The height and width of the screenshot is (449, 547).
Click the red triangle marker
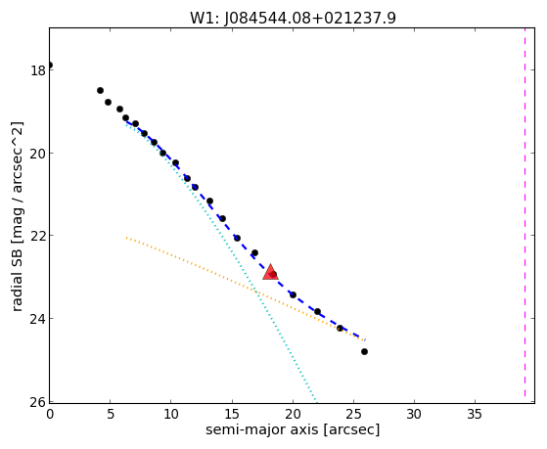[x=270, y=273]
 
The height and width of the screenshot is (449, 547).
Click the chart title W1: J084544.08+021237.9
[x=293, y=18]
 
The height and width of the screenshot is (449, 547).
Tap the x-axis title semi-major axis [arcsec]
[x=293, y=429]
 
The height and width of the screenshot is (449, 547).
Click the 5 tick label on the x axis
[x=111, y=415]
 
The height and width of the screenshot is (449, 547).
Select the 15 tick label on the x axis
[x=232, y=415]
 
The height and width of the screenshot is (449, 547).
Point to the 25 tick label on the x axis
[x=353, y=415]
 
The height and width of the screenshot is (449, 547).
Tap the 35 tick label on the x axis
[x=475, y=415]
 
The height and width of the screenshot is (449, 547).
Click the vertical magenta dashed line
[x=524, y=215]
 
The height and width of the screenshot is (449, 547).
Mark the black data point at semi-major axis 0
[x=50, y=66]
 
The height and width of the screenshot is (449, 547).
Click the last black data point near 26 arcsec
[x=364, y=351]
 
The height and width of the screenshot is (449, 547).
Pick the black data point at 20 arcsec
[x=293, y=295]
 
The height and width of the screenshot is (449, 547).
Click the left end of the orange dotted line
[x=126, y=238]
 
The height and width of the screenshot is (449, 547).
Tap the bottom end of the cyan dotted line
[x=316, y=401]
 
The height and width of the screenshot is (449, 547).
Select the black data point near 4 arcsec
[x=100, y=91]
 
